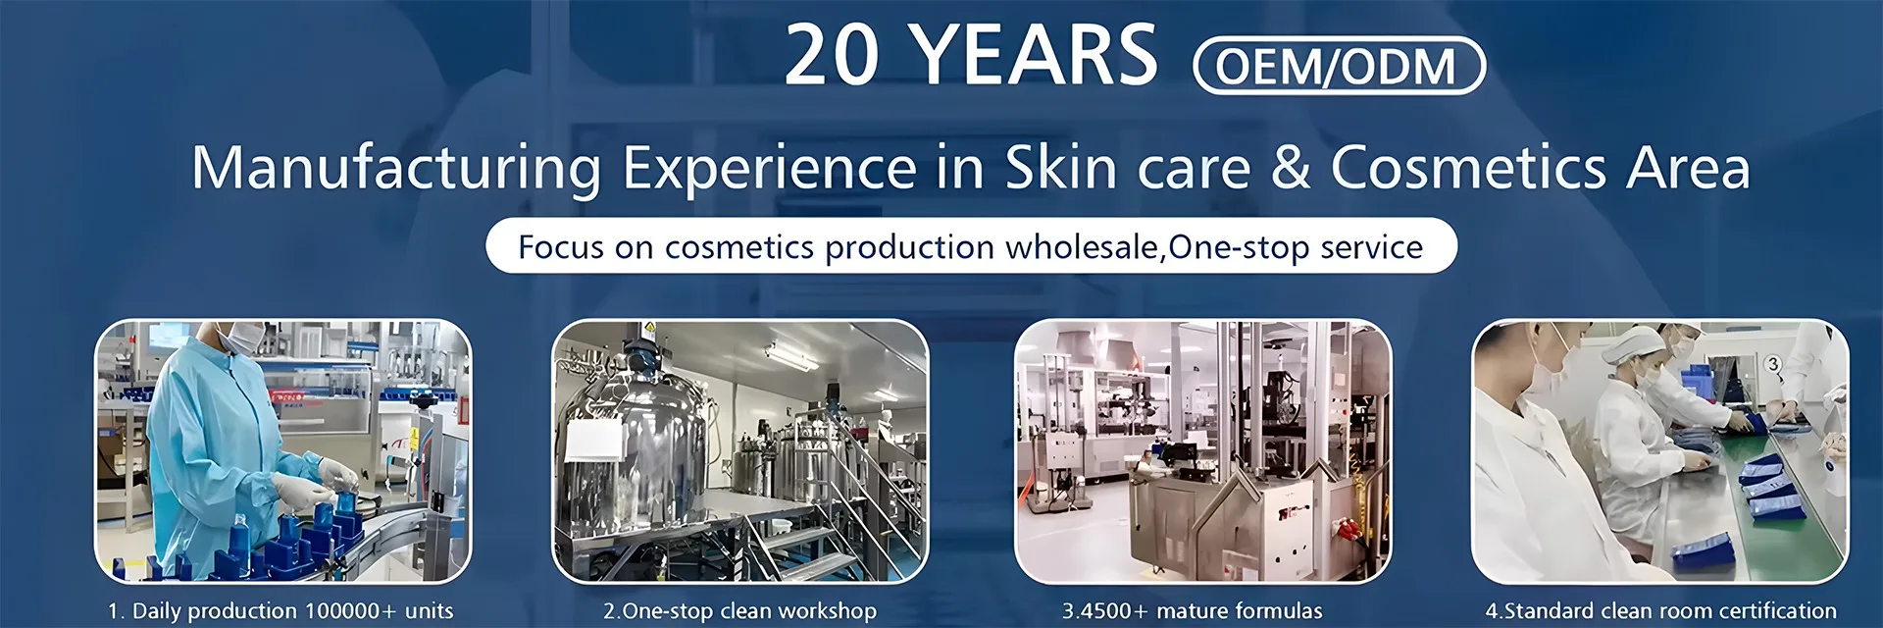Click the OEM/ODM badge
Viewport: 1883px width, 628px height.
tap(1339, 66)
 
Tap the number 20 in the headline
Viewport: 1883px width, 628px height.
tap(833, 55)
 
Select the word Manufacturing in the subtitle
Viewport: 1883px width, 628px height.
tap(396, 167)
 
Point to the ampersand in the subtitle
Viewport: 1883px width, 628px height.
tap(1291, 166)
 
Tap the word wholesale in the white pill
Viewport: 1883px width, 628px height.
tap(1081, 246)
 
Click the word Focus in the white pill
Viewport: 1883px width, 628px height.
tap(561, 246)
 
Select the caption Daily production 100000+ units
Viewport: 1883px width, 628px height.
tap(292, 610)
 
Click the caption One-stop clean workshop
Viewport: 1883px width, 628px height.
tap(749, 610)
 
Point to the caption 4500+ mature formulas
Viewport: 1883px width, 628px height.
tap(1200, 610)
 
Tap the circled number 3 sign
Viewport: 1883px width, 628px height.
tap(1772, 364)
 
